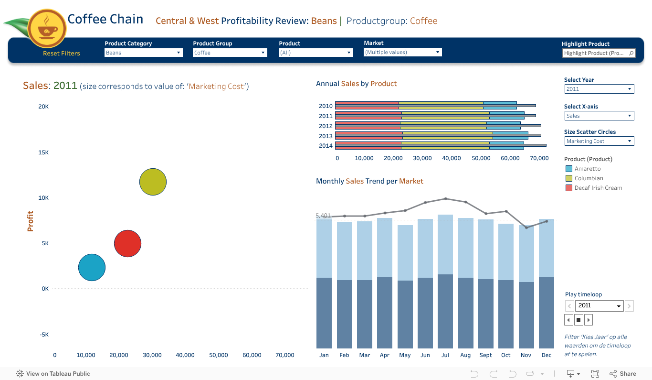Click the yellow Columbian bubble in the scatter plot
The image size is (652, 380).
(153, 182)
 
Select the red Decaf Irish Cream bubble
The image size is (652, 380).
(127, 244)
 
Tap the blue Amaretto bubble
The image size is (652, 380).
(92, 267)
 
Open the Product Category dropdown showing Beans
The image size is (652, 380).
(143, 53)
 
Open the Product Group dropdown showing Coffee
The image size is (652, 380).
(230, 53)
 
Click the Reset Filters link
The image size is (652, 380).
(62, 53)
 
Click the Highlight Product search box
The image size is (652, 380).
(599, 53)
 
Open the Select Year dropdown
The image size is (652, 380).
(599, 89)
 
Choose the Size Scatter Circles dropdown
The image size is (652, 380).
(599, 141)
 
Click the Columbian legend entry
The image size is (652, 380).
(589, 178)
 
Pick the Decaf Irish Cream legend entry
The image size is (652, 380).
(598, 188)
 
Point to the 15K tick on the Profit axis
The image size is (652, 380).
(43, 152)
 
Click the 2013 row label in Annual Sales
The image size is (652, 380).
(326, 136)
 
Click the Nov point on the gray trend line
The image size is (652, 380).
(526, 228)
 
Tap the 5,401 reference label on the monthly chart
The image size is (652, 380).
(323, 216)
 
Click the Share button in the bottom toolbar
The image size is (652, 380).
(622, 374)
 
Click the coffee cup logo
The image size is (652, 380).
(47, 28)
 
